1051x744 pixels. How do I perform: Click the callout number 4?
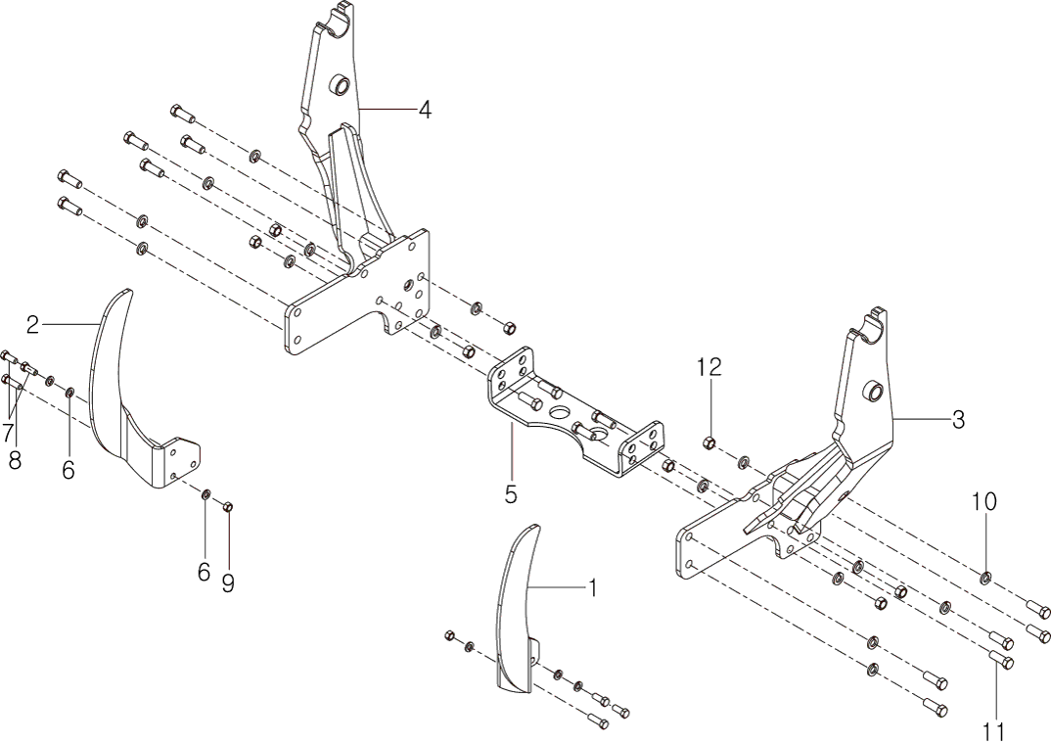[424, 110]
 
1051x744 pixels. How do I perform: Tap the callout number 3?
[958, 420]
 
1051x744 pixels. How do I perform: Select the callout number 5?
[511, 494]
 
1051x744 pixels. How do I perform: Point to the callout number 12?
[708, 367]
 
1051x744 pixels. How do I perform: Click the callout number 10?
[983, 501]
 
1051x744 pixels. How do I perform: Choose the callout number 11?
[996, 730]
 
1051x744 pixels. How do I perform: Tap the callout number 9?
[228, 583]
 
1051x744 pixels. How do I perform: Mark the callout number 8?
[15, 460]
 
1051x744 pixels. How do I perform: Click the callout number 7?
[8, 431]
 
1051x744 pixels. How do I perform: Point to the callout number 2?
[32, 324]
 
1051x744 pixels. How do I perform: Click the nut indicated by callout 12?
[711, 443]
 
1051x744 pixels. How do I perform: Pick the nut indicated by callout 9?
[227, 506]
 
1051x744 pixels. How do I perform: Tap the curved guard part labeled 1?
[517, 607]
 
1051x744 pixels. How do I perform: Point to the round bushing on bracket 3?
[869, 393]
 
